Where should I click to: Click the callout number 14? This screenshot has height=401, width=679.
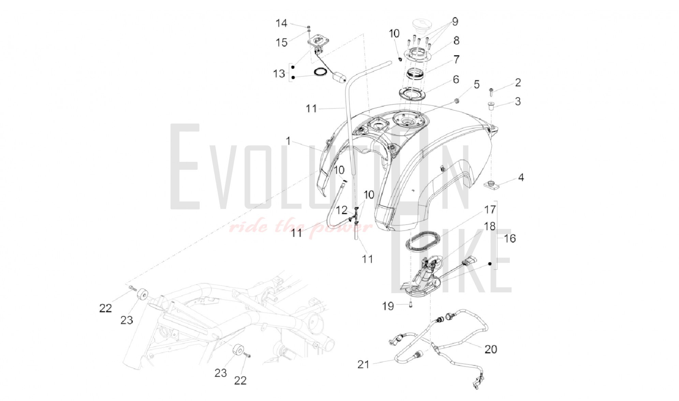281,23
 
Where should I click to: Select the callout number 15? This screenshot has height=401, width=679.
282,43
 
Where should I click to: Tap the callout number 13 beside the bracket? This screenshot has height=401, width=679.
279,73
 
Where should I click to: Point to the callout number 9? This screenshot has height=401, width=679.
455,22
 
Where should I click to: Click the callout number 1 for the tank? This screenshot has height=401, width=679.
288,141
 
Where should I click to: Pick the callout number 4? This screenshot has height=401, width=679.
521,177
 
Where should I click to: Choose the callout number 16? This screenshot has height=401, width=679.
510,238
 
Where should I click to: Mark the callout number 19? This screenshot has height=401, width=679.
388,306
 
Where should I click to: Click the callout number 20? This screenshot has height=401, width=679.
491,349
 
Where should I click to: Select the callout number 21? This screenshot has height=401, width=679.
363,364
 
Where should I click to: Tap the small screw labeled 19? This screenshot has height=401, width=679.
411,305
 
